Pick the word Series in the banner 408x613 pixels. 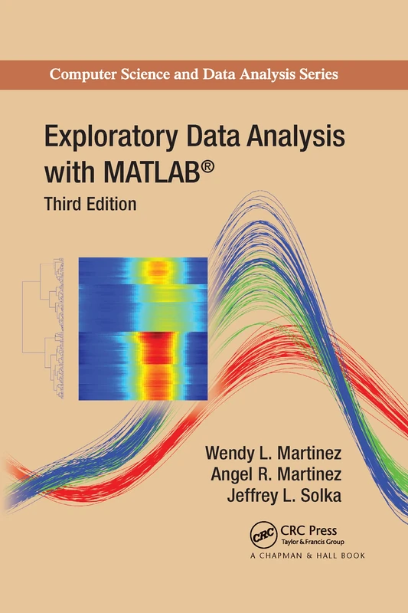317,75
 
